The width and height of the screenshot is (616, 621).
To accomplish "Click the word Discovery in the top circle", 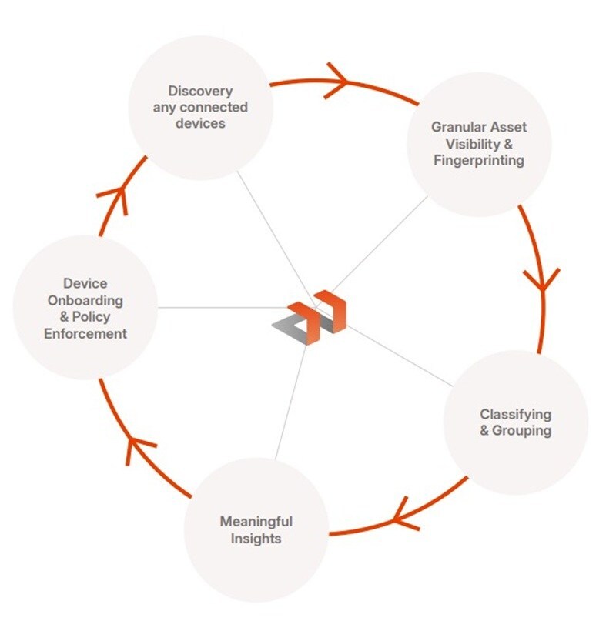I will (x=200, y=92).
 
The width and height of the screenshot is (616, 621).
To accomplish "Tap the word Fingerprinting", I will (x=479, y=161).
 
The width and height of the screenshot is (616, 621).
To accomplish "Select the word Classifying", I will (x=515, y=414).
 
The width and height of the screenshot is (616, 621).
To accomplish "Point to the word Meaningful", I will (x=256, y=521).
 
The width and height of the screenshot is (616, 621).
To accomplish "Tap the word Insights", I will (x=256, y=538).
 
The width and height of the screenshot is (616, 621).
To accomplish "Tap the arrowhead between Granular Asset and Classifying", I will (x=542, y=279).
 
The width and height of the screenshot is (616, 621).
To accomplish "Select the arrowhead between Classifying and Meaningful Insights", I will (x=404, y=513).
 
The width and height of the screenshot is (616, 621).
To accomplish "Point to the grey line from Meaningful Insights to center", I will (x=291, y=400).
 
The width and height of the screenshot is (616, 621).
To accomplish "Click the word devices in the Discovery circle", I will (x=200, y=124).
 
